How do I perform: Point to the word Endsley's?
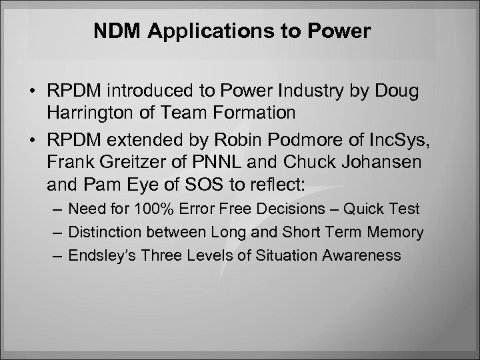[100, 255]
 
